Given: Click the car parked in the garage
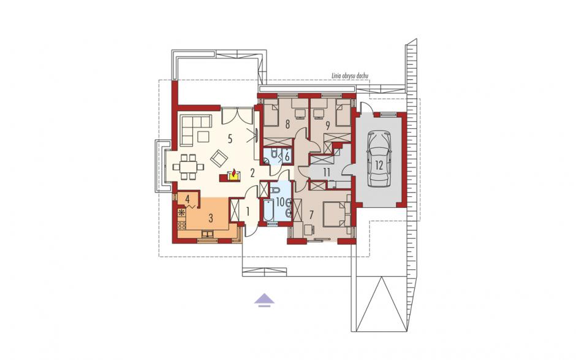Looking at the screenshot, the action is [379, 158].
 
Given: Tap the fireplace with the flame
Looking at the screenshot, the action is [232, 175].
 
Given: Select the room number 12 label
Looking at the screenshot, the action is [379, 165].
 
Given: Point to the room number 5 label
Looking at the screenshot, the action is [230, 139].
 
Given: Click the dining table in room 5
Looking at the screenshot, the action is [189, 167].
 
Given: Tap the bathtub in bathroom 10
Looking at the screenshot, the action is [268, 210].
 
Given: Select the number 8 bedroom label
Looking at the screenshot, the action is [287, 124].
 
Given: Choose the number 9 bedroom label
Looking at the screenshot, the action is [327, 126].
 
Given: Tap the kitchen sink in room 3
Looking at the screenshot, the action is [208, 233].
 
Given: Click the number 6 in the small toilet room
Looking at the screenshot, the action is [287, 156].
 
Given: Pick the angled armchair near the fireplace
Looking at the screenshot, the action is [219, 158].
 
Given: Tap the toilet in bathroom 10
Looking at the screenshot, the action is [275, 190].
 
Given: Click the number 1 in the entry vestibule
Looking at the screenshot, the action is [248, 212].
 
